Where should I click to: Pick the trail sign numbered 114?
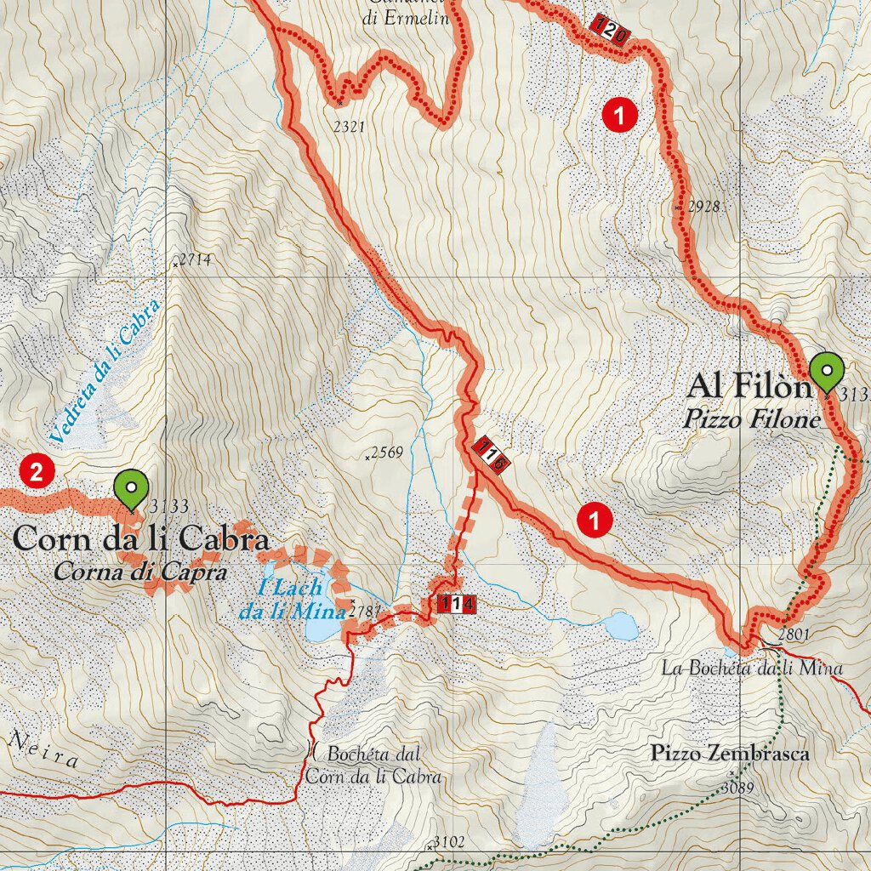[x=455, y=605]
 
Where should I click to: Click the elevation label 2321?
[x=349, y=127]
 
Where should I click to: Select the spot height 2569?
[x=386, y=453]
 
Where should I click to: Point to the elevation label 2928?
[x=704, y=206]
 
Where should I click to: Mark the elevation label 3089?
[x=737, y=788]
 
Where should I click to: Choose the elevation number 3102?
[x=448, y=843]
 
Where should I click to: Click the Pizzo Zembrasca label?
[x=729, y=753]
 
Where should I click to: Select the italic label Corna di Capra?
[x=140, y=572]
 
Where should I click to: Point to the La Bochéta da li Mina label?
[x=751, y=668]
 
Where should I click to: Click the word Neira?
[x=43, y=749]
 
